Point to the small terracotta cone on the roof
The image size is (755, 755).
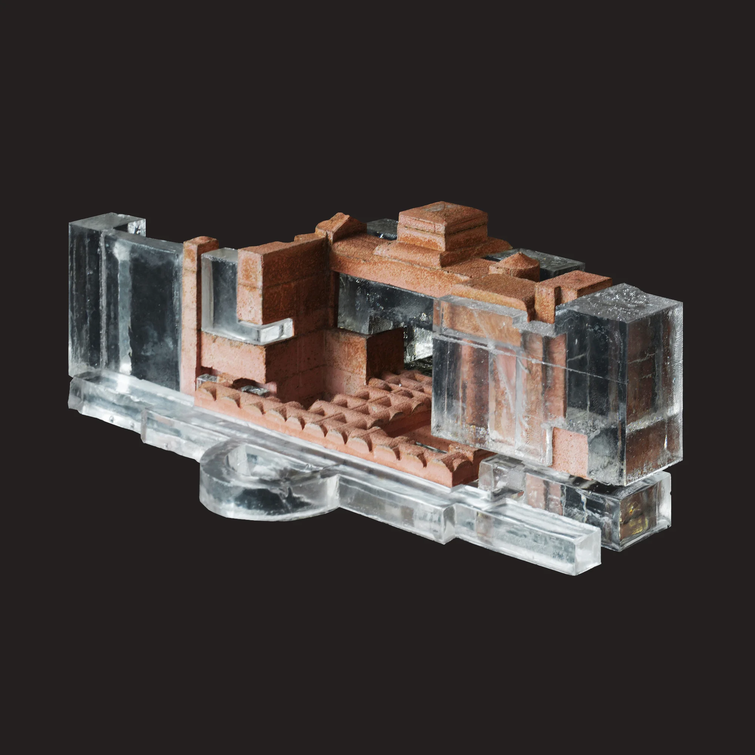pos(515,263)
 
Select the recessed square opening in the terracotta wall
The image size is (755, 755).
pos(385,352)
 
